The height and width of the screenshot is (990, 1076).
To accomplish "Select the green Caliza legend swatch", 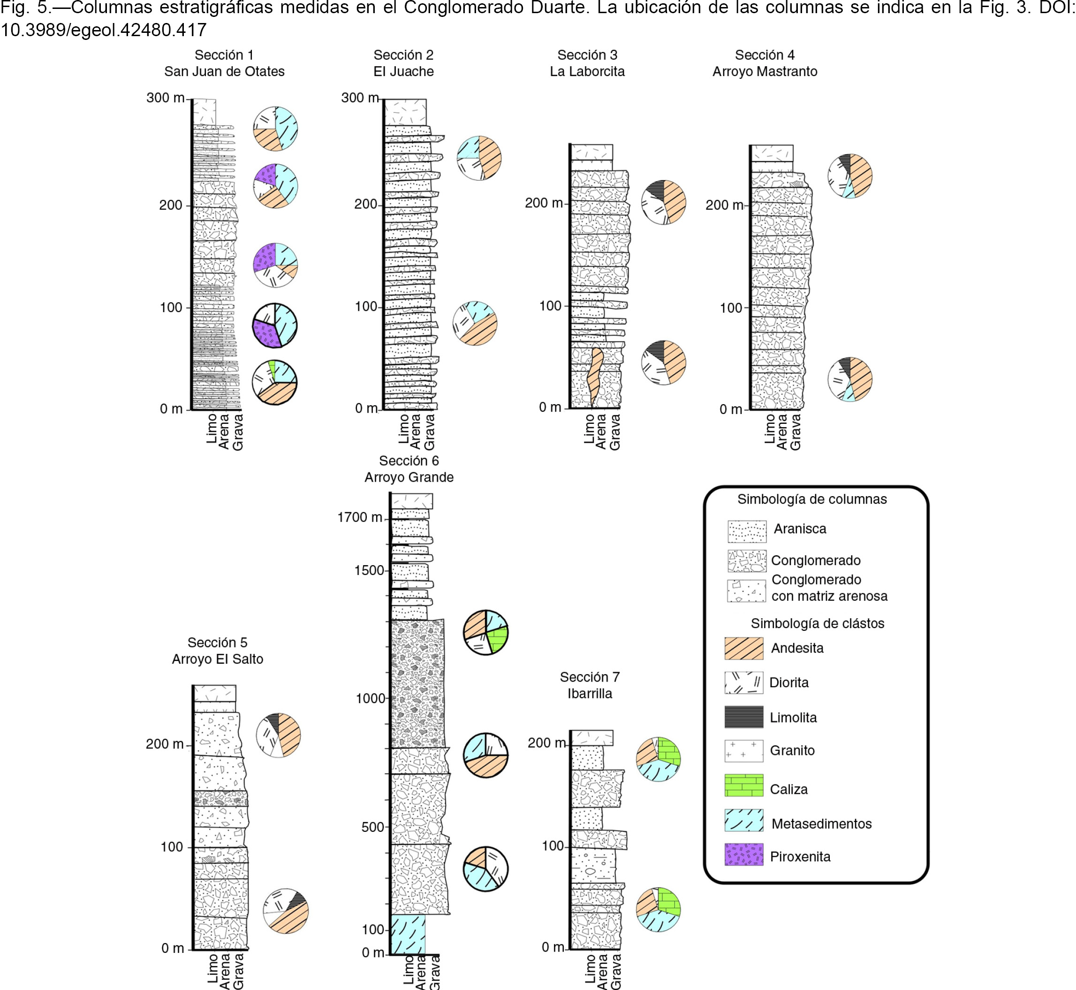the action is (743, 785).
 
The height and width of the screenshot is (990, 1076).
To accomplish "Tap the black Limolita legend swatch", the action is (743, 717).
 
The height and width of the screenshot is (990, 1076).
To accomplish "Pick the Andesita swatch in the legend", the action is (743, 648).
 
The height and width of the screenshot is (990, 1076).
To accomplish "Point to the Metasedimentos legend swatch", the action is (743, 820).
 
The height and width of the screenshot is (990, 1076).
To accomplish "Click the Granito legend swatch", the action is (743, 751).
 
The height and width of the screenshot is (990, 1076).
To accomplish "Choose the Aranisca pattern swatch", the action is (747, 531).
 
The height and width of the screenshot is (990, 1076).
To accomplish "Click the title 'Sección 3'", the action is (587, 55).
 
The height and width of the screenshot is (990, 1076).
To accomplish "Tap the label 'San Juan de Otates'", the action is (224, 71).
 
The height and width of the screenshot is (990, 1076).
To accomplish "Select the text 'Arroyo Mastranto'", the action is (765, 71).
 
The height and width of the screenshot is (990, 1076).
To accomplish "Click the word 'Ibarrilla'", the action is (590, 693).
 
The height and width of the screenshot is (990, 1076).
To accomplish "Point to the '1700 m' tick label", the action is (359, 517).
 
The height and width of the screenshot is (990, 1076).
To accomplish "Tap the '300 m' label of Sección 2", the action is (360, 98).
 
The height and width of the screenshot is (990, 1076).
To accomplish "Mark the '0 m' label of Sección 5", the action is (172, 948).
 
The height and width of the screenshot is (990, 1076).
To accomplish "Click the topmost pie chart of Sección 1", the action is (275, 129).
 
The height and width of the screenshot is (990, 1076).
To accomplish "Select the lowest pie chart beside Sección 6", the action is (485, 869).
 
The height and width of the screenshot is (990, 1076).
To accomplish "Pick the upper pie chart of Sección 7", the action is (658, 759).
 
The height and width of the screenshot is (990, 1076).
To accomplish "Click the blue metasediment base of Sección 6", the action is (408, 934).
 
